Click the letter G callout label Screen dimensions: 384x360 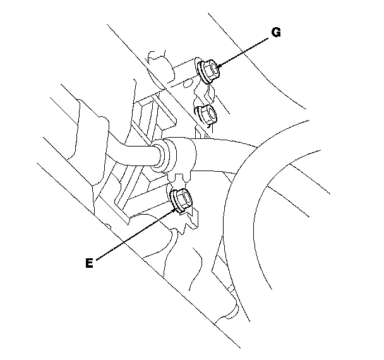coord(275,33)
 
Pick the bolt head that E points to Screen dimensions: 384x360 coord(181,198)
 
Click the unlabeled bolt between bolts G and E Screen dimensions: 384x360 coord(206,115)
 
